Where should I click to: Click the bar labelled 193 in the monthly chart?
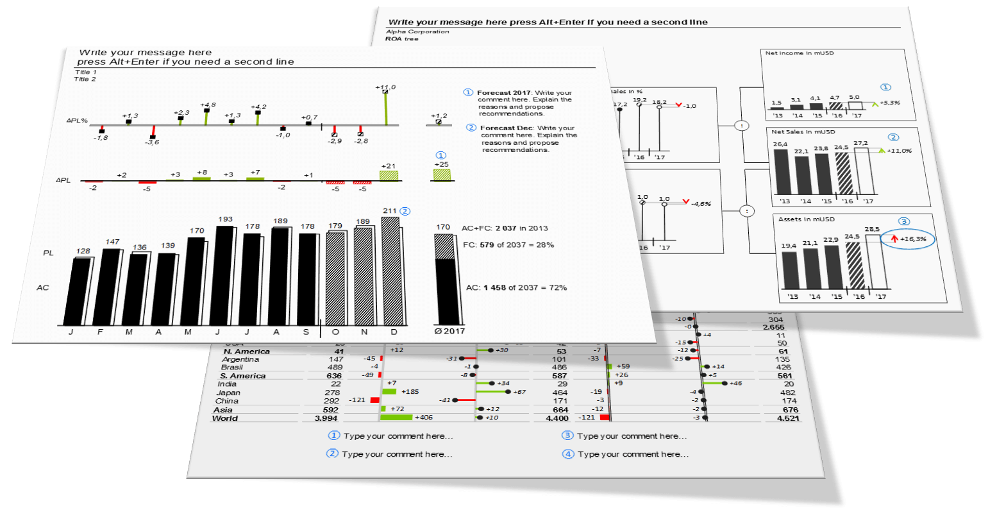click(224, 275)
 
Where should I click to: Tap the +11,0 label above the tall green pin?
click(385, 87)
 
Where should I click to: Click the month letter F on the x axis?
click(100, 332)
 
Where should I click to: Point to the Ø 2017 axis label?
click(449, 331)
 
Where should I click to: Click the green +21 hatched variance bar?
click(389, 176)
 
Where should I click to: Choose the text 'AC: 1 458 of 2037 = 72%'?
click(516, 287)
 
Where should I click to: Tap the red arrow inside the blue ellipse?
click(894, 239)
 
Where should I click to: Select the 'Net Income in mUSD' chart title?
click(800, 53)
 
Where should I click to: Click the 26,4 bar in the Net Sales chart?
click(781, 172)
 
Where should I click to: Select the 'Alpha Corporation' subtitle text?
click(417, 31)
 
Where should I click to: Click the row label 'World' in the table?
click(224, 418)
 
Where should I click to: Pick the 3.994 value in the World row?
click(326, 418)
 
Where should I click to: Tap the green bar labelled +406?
click(396, 418)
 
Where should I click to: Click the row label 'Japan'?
click(228, 393)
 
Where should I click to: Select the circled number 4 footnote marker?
click(568, 454)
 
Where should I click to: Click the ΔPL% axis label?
click(76, 121)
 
